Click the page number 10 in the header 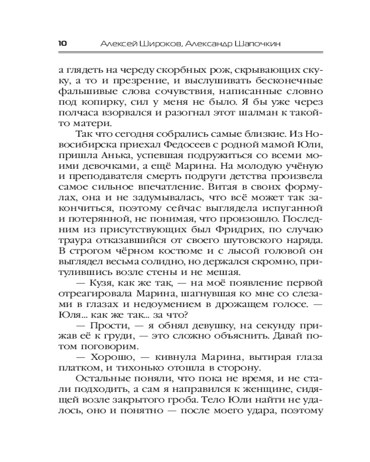pos(62,43)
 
